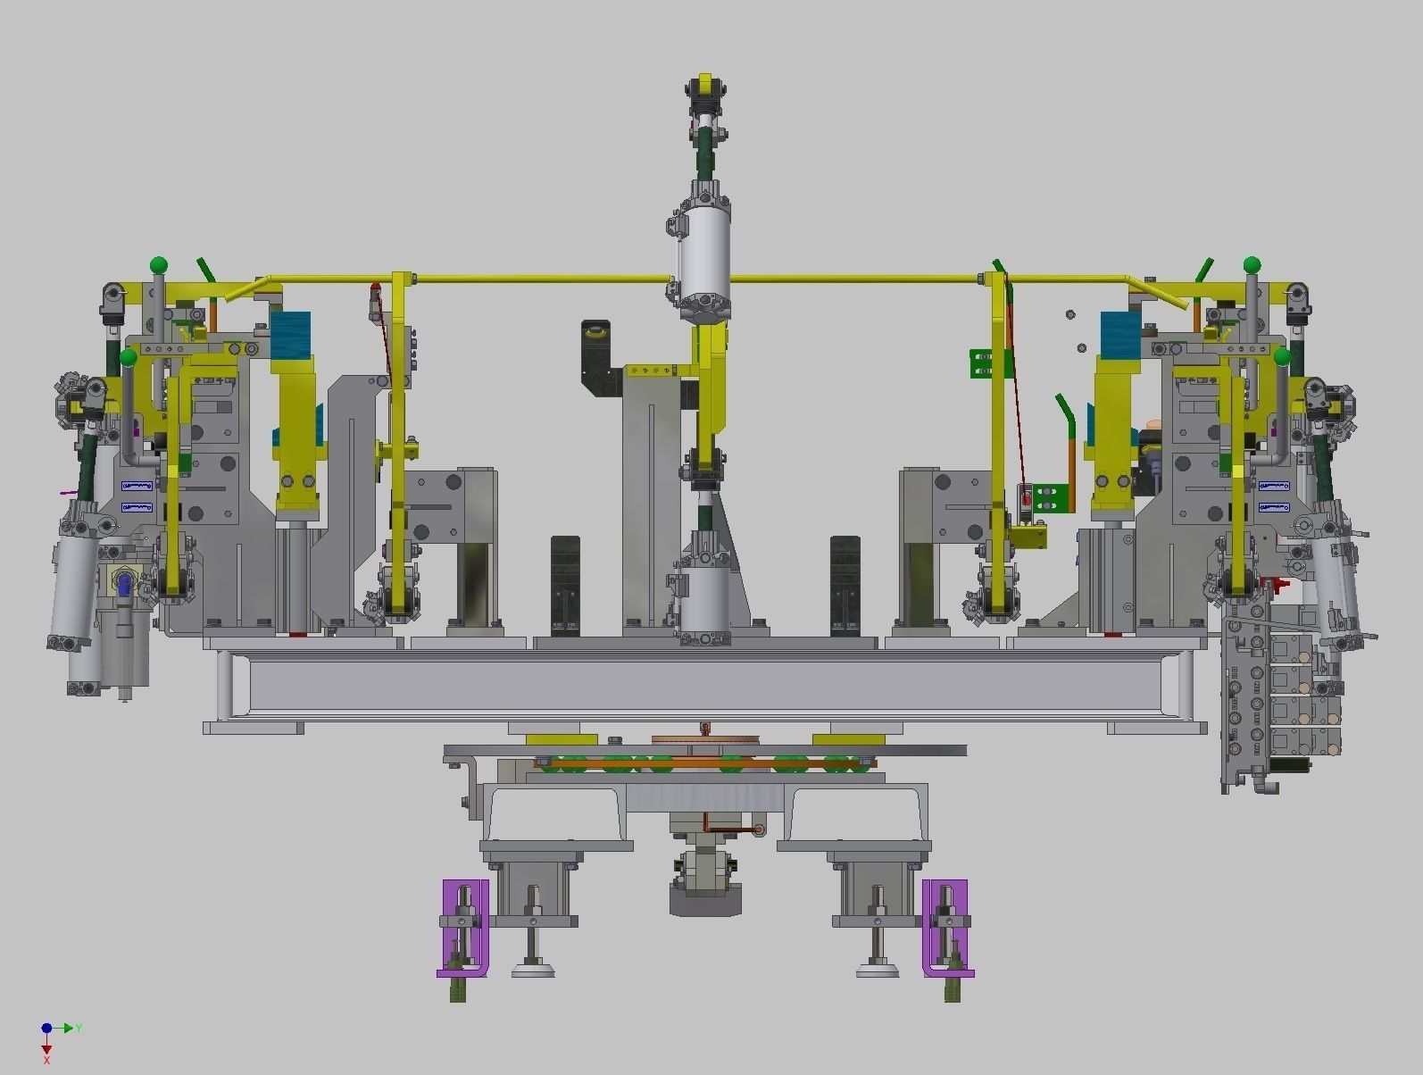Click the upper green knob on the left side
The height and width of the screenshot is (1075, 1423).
click(x=159, y=264)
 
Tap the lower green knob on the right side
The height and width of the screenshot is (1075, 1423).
click(x=1283, y=357)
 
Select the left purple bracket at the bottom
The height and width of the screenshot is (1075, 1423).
click(x=465, y=928)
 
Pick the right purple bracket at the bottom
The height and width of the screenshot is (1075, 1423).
click(x=946, y=928)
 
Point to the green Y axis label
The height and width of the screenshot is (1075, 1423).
click(x=79, y=1029)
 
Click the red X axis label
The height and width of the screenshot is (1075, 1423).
click(x=46, y=1060)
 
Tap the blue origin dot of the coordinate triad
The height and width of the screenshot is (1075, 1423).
click(x=46, y=1029)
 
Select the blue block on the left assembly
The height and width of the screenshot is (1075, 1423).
click(x=290, y=335)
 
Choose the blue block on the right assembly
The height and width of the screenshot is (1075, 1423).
click(x=1120, y=335)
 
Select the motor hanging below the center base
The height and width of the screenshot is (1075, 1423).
click(x=705, y=884)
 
